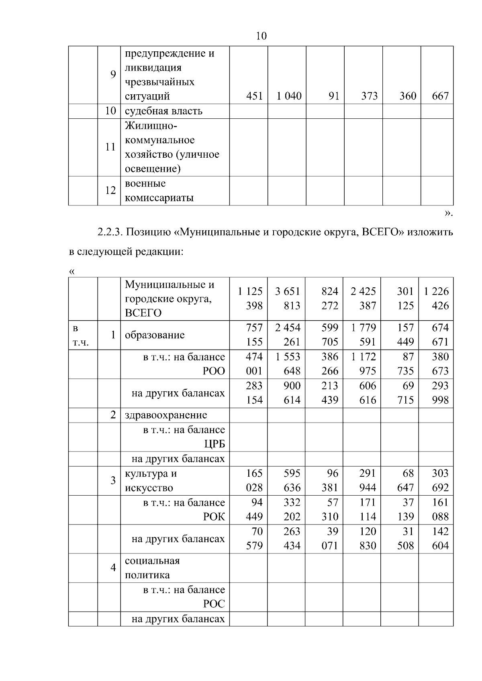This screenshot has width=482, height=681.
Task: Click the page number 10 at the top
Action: (261, 36)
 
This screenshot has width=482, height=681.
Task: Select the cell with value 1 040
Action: (289, 96)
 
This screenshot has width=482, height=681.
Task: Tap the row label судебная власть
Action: (163, 111)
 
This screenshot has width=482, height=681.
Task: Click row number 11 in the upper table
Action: (110, 147)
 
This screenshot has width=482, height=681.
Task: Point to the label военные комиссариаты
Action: (159, 191)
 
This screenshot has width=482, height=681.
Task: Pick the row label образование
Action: (155, 335)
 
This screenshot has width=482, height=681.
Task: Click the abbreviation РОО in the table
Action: (214, 371)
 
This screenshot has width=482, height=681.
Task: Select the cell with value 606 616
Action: (364, 393)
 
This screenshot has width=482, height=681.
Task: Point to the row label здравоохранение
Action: (166, 415)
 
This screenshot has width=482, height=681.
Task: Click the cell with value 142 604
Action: (437, 539)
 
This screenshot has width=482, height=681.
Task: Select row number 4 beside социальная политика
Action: (113, 567)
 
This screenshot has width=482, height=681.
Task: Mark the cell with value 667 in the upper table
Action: (440, 96)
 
